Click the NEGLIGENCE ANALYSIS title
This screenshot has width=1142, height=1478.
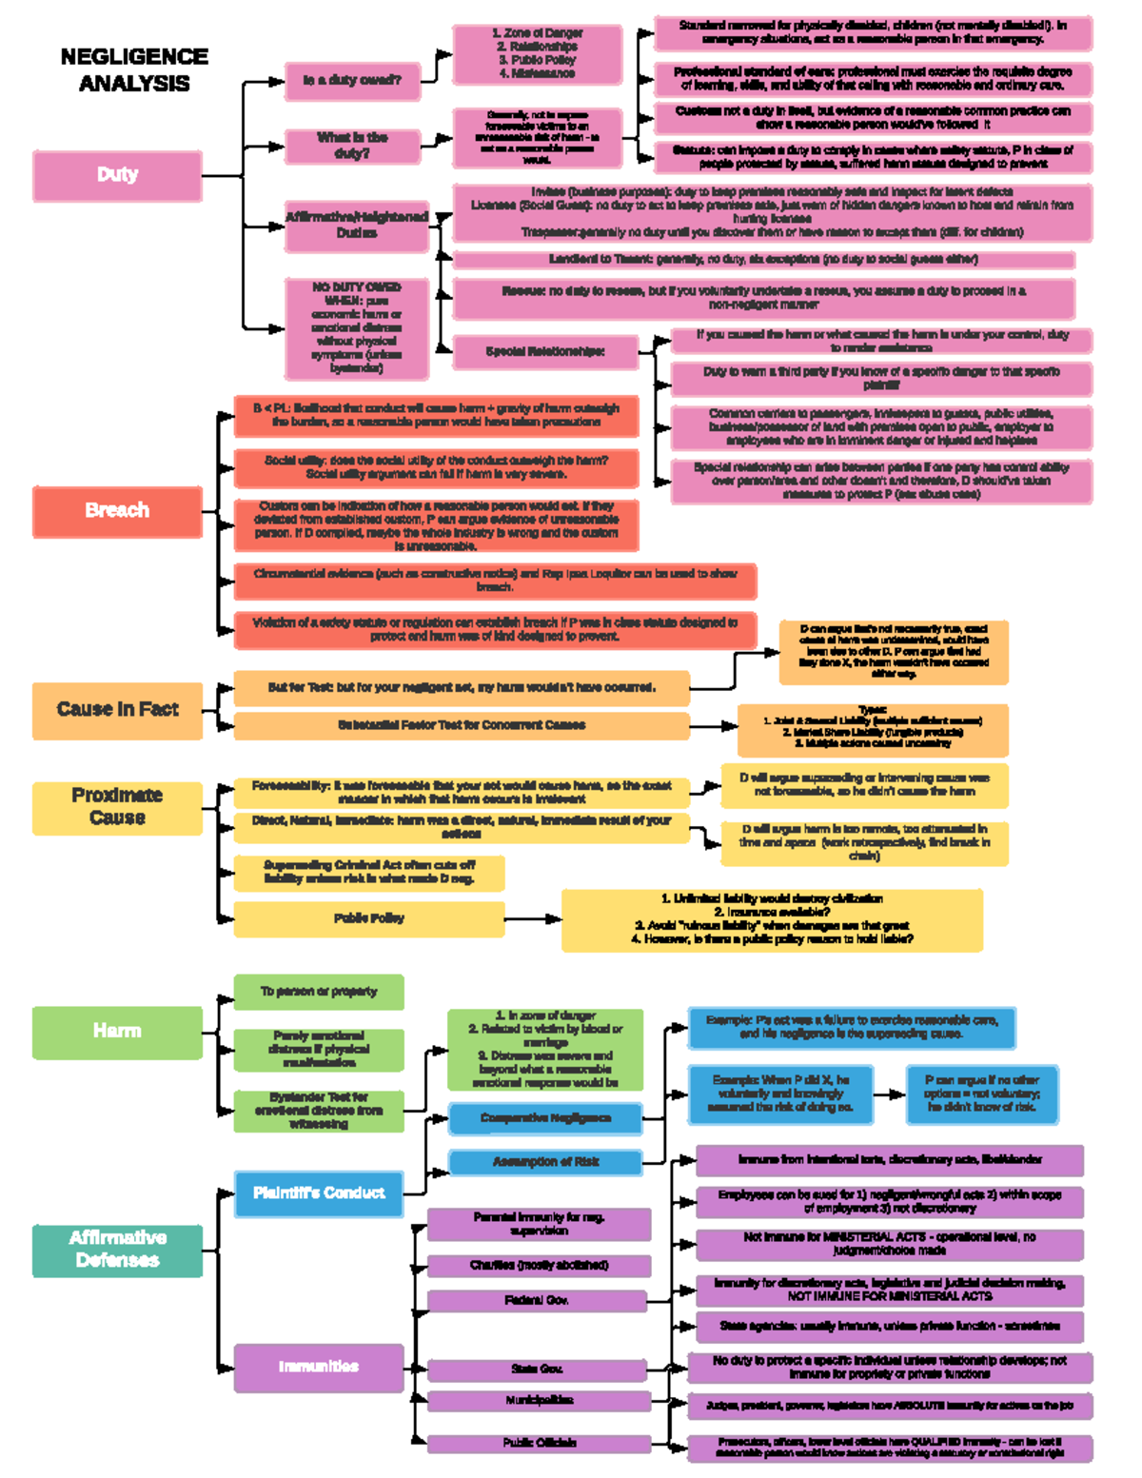pyautogui.click(x=134, y=70)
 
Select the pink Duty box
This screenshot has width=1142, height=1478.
pyautogui.click(x=117, y=175)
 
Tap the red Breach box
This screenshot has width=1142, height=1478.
pyautogui.click(x=117, y=511)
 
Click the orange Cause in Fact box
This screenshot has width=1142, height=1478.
pyautogui.click(x=117, y=710)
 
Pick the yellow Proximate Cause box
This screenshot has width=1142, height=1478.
pyautogui.click(x=117, y=807)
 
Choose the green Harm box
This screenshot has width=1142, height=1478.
pyautogui.click(x=117, y=1032)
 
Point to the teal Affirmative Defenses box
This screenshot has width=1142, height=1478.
pyautogui.click(x=117, y=1250)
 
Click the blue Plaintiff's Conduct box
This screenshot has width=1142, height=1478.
pyautogui.click(x=319, y=1193)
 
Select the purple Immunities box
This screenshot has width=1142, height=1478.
pyautogui.click(x=319, y=1367)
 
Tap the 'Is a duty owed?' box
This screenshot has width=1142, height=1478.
pyautogui.click(x=352, y=81)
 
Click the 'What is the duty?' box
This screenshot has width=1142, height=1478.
pyautogui.click(x=352, y=146)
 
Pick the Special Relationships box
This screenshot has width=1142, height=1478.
pyautogui.click(x=544, y=352)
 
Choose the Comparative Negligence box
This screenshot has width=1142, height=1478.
pyautogui.click(x=545, y=1118)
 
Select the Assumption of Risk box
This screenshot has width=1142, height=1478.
pyautogui.click(x=545, y=1162)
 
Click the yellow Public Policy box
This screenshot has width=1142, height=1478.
pyautogui.click(x=368, y=919)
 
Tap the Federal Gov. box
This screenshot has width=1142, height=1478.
pyautogui.click(x=538, y=1301)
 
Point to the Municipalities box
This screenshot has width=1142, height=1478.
pyautogui.click(x=538, y=1401)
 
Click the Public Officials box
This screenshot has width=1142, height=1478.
pyautogui.click(x=538, y=1443)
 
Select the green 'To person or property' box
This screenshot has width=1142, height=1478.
pyautogui.click(x=319, y=992)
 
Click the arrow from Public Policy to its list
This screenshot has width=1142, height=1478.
pyautogui.click(x=533, y=919)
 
